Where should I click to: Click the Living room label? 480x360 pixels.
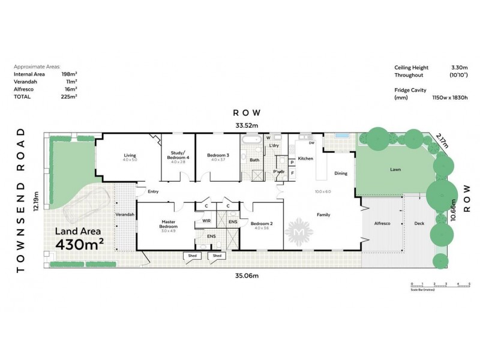[x=130, y=155]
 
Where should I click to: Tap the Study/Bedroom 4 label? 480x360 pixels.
[x=179, y=155]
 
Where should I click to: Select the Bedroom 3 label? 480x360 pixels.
[x=217, y=155]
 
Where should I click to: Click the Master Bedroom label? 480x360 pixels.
[x=167, y=224]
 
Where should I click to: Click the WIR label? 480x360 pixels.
[x=206, y=221]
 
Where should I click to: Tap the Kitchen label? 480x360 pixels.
[x=305, y=158]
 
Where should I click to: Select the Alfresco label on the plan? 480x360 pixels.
[x=382, y=223]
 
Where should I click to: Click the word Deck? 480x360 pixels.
[x=419, y=223]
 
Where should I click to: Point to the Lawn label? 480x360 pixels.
[x=395, y=170]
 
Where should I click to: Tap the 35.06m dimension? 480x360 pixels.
[x=247, y=275]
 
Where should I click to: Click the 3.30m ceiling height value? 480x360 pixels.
[x=454, y=68]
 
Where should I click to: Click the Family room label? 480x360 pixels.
[x=323, y=215]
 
